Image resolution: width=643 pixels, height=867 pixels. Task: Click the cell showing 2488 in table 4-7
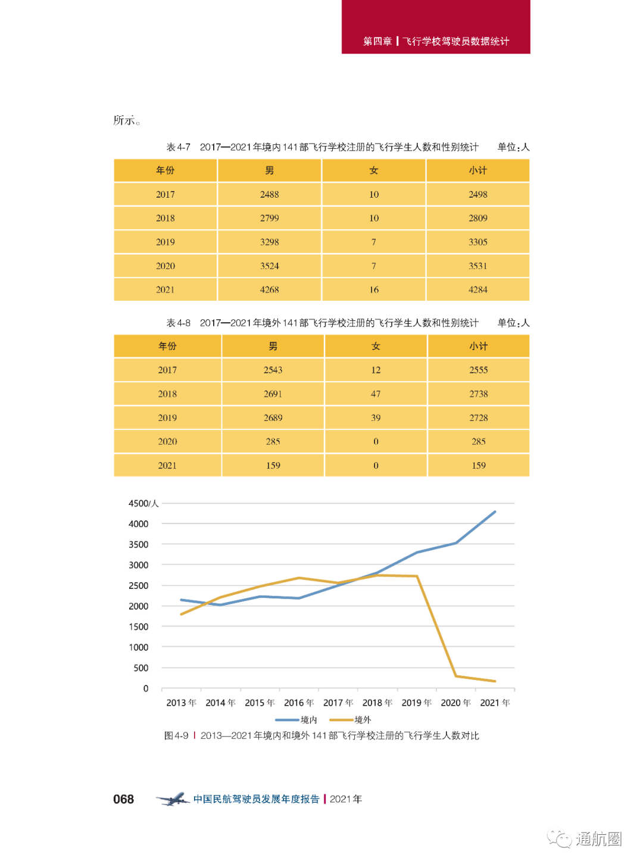pyautogui.click(x=270, y=195)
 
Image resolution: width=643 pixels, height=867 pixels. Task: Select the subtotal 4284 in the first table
pyautogui.click(x=478, y=290)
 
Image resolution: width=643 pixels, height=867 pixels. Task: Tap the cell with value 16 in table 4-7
pyautogui.click(x=374, y=290)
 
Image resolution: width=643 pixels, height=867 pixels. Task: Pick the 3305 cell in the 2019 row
pyautogui.click(x=478, y=242)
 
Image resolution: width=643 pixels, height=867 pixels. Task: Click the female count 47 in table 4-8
pyautogui.click(x=376, y=394)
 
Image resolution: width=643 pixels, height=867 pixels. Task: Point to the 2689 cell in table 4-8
pyautogui.click(x=273, y=418)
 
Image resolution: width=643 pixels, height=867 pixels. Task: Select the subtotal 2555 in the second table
pyautogui.click(x=479, y=370)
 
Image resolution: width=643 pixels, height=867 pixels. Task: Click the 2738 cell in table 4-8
pyautogui.click(x=479, y=394)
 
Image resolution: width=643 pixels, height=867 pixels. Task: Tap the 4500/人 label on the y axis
pyautogui.click(x=143, y=504)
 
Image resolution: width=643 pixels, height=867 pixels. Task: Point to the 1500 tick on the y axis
pyautogui.click(x=139, y=627)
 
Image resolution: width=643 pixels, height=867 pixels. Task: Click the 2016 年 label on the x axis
pyautogui.click(x=299, y=703)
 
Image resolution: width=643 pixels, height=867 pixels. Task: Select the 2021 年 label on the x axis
pyautogui.click(x=495, y=703)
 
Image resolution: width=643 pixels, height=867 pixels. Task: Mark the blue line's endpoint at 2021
pyautogui.click(x=495, y=512)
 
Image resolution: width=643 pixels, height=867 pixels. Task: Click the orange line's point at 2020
pyautogui.click(x=456, y=676)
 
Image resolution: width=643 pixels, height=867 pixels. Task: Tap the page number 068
pyautogui.click(x=124, y=800)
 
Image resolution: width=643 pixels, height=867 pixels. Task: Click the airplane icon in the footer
pyautogui.click(x=173, y=799)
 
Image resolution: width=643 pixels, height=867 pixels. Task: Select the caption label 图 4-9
pyautogui.click(x=176, y=736)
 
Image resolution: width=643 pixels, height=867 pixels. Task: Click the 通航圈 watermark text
pyautogui.click(x=598, y=839)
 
